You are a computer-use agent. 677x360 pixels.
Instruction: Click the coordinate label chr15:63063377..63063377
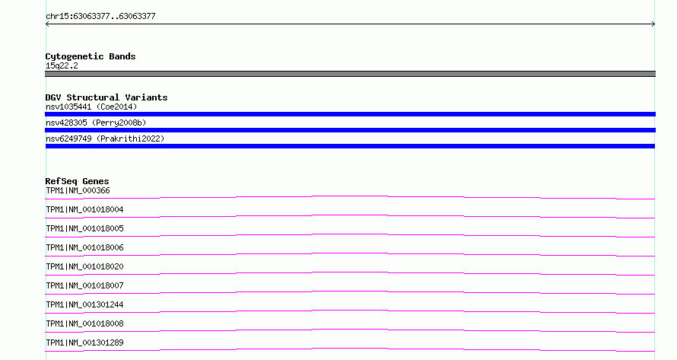(100, 17)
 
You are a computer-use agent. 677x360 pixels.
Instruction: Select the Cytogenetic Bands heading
(91, 56)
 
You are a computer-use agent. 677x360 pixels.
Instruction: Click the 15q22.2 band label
(62, 65)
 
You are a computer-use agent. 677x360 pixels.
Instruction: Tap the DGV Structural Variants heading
(106, 97)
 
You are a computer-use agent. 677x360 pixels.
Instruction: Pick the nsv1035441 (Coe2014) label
(91, 107)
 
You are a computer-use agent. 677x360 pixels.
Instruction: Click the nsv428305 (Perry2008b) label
(96, 123)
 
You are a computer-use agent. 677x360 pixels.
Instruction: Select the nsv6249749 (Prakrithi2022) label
(105, 139)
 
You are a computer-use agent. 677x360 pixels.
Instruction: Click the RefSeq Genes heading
(77, 181)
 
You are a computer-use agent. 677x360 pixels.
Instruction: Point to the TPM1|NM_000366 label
(78, 190)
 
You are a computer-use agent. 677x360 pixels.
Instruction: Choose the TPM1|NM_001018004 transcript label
(84, 209)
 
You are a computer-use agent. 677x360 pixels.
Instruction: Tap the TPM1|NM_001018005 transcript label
(84, 228)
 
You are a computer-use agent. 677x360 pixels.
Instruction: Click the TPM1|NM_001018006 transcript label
(84, 247)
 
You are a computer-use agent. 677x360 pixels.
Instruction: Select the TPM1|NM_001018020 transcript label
(84, 266)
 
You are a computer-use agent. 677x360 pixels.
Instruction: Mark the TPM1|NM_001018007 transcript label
(84, 285)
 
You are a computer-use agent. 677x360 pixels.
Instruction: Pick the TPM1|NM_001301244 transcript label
(84, 304)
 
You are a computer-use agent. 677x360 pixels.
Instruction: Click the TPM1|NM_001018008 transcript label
(84, 323)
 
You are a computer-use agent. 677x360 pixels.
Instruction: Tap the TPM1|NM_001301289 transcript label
(84, 342)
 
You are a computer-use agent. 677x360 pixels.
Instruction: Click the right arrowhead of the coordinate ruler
(653, 24)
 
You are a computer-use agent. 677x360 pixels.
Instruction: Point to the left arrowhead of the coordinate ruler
(47, 24)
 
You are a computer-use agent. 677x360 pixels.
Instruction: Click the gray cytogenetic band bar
(350, 74)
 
